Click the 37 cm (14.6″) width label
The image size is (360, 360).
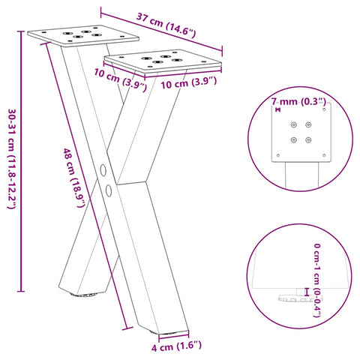tap(166, 25)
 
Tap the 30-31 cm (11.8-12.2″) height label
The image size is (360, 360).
tap(10, 159)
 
